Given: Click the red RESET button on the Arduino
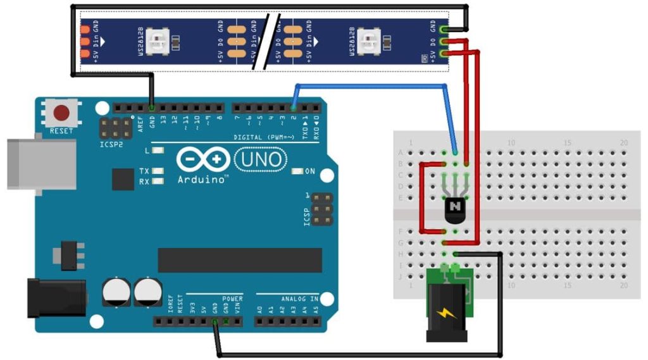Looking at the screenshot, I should tap(61, 114).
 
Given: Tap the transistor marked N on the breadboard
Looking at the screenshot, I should tap(454, 208).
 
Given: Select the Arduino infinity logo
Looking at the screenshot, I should tap(203, 159).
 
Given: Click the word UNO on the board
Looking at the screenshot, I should tap(260, 159).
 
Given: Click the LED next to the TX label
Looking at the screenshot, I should tap(158, 171).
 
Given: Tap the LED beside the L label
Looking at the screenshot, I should tap(158, 151).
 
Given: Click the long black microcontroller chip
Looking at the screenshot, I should tap(240, 260).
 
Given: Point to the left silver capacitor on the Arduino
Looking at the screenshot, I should tap(116, 292).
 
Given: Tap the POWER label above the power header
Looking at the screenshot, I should tap(232, 299).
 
